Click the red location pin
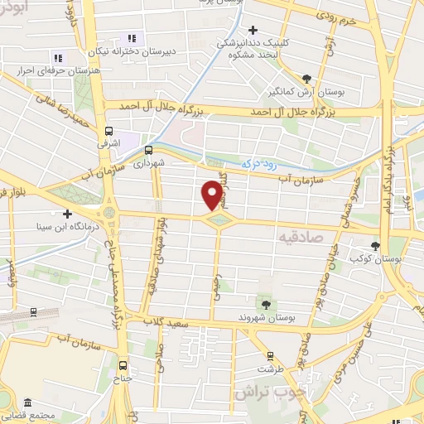tap(213, 195)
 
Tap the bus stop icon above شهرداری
tap(148, 150)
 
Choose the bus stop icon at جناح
tap(123, 364)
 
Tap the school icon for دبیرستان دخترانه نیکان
tap(131, 37)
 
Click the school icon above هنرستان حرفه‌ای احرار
tap(57, 58)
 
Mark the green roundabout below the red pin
tap(217, 220)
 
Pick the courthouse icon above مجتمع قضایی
tap(27, 403)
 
